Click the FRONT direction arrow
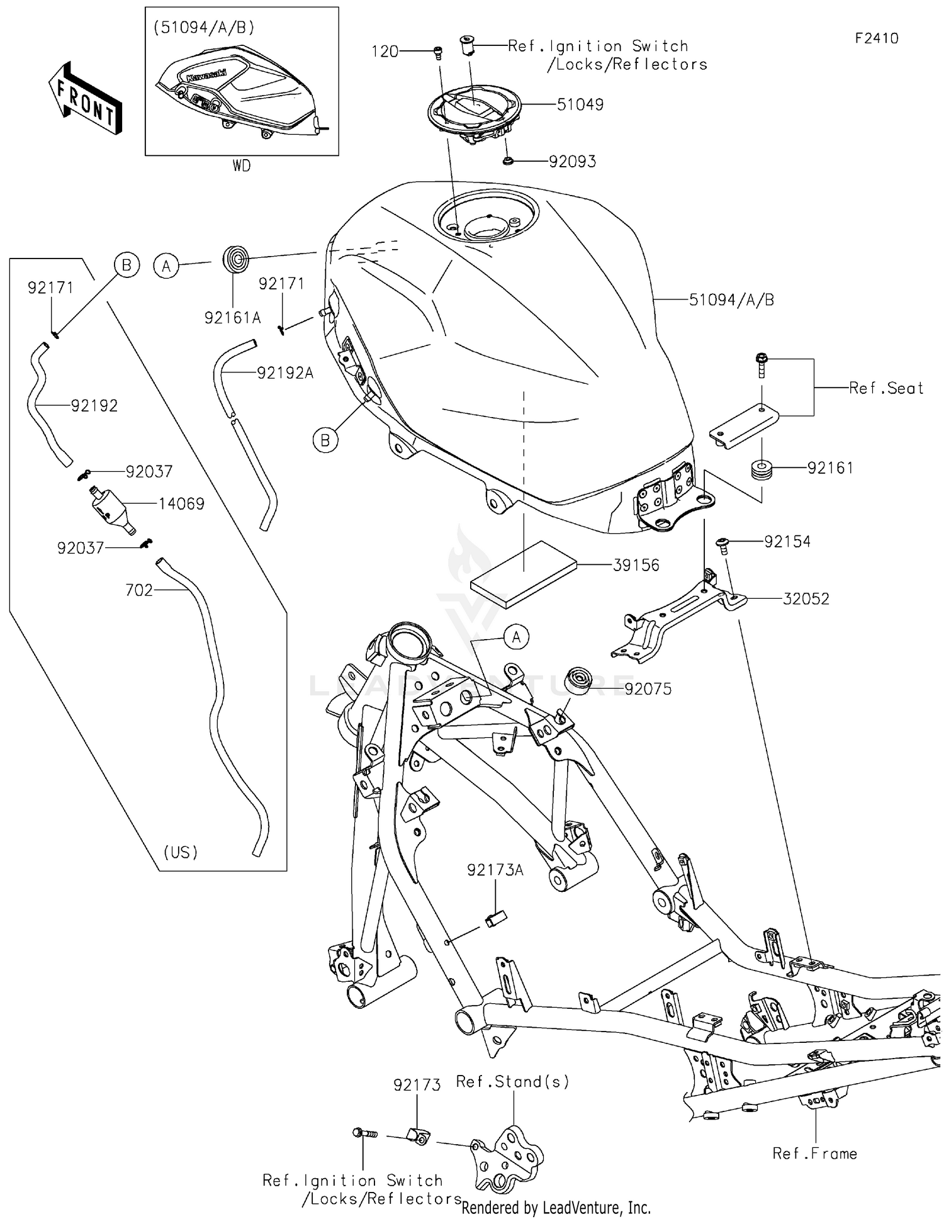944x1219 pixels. point(85,99)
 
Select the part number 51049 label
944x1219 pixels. point(580,104)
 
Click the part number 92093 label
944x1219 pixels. point(572,162)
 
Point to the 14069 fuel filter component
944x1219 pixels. point(112,508)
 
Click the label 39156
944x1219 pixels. point(636,565)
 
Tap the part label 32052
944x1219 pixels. point(806,599)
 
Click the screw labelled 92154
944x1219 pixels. point(723,545)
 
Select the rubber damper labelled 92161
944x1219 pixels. point(761,470)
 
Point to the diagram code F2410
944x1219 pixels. point(876,38)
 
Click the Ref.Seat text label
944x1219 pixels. point(885,388)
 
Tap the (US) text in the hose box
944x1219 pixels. point(181,852)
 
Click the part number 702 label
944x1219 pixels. point(139,590)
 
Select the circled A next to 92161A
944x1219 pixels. point(166,266)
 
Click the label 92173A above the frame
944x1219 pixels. point(495,870)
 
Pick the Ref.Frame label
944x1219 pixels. point(814,1153)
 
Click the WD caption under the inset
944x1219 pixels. point(242,166)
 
